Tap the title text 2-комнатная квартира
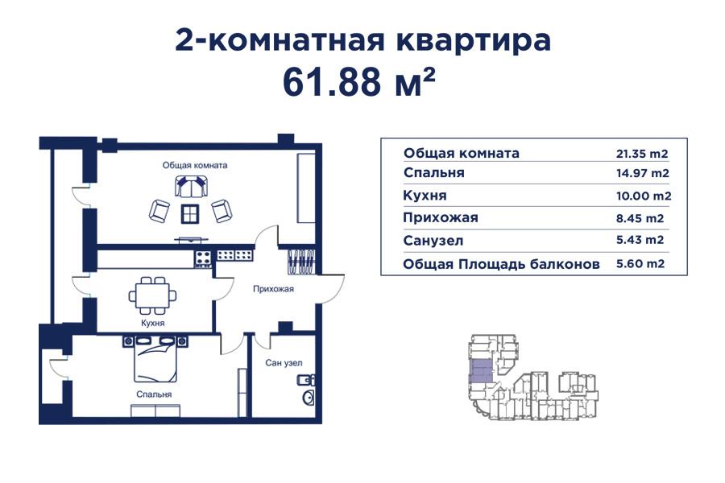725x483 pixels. [362, 39]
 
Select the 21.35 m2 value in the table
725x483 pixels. [641, 154]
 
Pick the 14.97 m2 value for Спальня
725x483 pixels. [641, 173]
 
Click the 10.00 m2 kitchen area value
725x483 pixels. [641, 196]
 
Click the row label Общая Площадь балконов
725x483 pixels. [502, 263]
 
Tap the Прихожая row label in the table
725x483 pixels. [441, 217]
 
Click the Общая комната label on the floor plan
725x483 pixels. [195, 165]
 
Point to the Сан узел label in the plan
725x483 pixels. [284, 362]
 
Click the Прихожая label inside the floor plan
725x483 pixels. [273, 288]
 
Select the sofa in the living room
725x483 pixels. [191, 188]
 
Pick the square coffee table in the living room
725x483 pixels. [190, 213]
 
